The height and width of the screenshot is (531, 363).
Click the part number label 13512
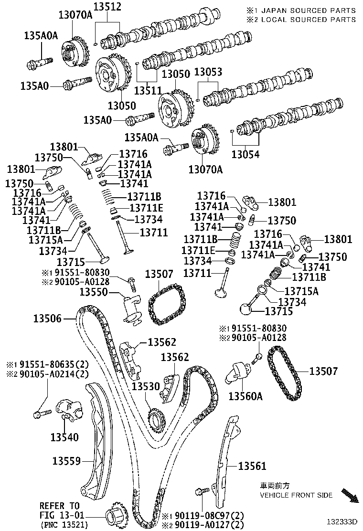[x=107, y=7]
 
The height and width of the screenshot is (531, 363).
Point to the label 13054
[x=246, y=154]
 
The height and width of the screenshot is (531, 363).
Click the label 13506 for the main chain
[x=47, y=318]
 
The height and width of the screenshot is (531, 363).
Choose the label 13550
[x=94, y=291]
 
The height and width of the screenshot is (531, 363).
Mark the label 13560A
[x=246, y=396]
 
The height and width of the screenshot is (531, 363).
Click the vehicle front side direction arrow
[x=351, y=495]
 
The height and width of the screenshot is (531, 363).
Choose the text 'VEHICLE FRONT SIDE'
[x=296, y=495]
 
